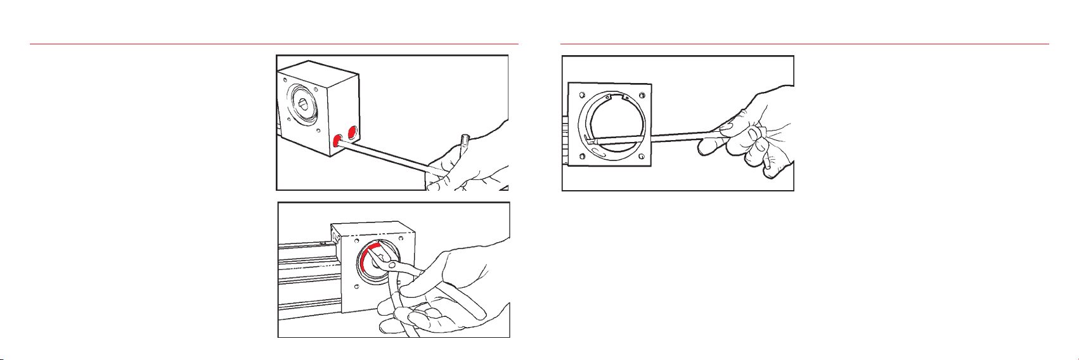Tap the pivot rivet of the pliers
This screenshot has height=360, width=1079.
(x=393, y=265)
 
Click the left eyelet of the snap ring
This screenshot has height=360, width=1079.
(x=607, y=97)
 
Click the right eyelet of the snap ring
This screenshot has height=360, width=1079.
(x=626, y=97)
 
